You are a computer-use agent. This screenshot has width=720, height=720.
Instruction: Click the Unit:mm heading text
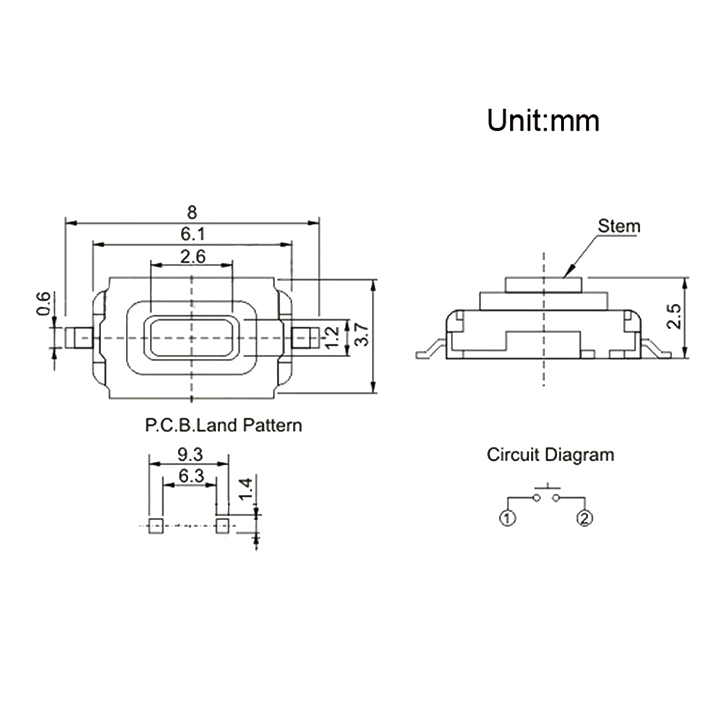coord(543,121)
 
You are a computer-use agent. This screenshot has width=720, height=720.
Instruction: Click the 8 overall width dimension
coord(191,211)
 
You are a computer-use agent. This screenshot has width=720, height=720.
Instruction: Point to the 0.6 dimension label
coord(42,303)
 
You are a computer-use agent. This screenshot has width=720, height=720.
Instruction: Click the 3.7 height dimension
coord(363,337)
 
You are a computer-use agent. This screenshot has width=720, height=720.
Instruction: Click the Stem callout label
coord(618,226)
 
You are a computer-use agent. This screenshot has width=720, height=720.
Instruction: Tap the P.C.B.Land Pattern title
coord(223,425)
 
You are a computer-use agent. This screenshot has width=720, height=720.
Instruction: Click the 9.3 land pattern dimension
coord(189,453)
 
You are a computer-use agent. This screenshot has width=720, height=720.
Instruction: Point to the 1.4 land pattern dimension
coord(245,488)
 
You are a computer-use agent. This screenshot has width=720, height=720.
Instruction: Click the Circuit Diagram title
coord(550,455)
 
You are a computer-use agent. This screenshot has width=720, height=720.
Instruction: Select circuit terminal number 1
coord(507,517)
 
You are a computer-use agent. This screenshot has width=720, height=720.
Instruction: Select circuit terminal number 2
coord(585,517)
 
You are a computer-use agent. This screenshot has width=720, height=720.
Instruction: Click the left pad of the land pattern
coord(155,525)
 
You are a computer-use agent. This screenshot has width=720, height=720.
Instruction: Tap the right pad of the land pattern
coord(222,525)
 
